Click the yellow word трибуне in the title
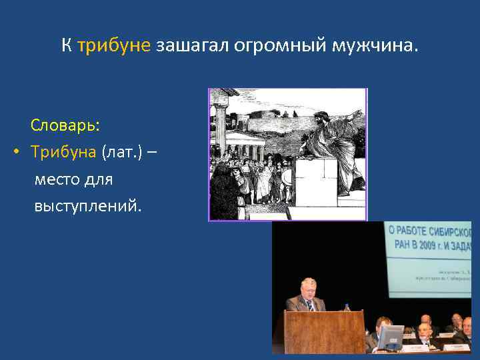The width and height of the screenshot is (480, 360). pos(115,46)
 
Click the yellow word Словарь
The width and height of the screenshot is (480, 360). pos(65,125)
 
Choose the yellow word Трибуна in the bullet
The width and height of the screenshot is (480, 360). pos(65,152)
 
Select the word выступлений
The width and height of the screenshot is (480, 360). pos(88,206)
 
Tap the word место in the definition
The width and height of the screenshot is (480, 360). pos(58,179)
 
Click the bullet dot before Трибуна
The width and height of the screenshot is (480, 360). pos(16,153)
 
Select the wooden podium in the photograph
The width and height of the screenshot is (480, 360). pos(323,332)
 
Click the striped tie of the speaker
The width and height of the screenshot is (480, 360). pos(309,305)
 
